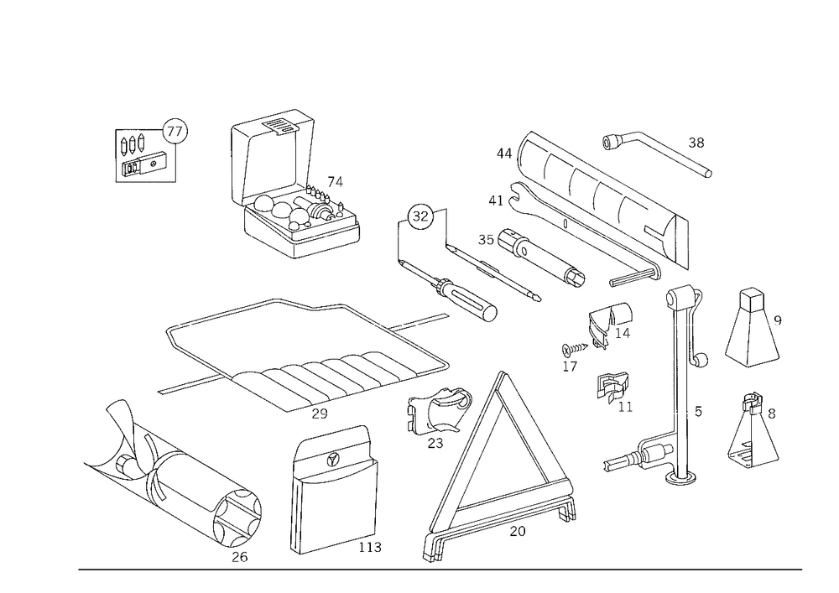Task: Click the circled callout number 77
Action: (x=175, y=131)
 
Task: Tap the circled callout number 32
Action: (x=420, y=216)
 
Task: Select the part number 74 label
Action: (x=335, y=182)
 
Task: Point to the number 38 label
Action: (x=696, y=143)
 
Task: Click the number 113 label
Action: (x=370, y=547)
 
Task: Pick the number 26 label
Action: (x=240, y=557)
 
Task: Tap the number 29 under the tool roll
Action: (x=320, y=414)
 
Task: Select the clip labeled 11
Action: (x=612, y=388)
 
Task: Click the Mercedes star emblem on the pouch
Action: (x=334, y=460)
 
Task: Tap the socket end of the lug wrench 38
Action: (x=611, y=143)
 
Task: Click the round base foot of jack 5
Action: (x=680, y=477)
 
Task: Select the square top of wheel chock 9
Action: (x=752, y=300)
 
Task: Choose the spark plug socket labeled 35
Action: (x=541, y=260)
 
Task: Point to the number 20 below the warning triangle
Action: (x=518, y=531)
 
